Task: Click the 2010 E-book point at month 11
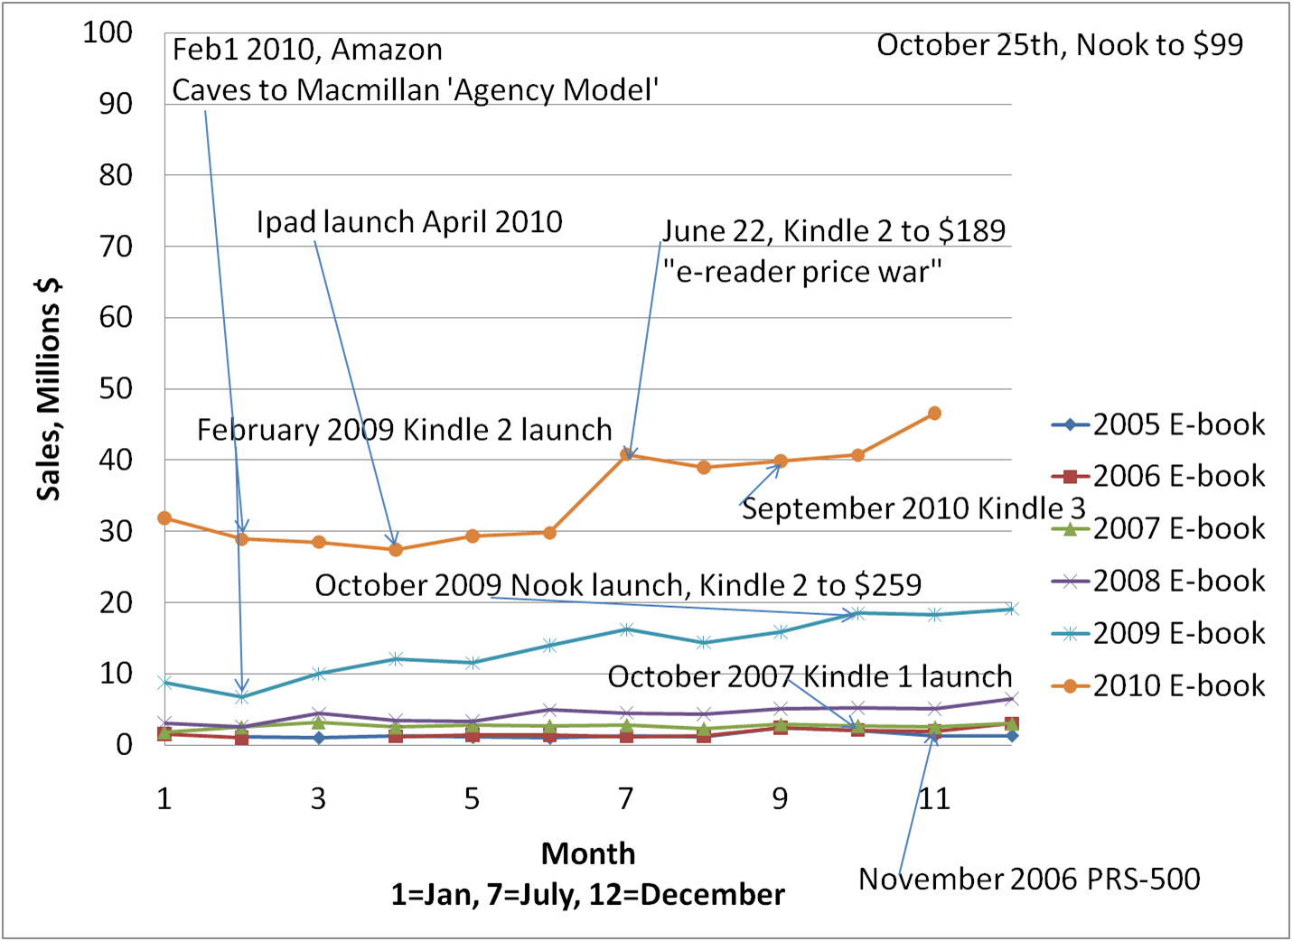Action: (x=934, y=414)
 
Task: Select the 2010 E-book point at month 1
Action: (x=164, y=518)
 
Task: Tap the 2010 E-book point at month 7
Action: (x=626, y=454)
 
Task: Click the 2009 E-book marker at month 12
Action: (x=1012, y=609)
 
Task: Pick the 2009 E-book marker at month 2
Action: (x=241, y=697)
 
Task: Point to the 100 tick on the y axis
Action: (x=108, y=33)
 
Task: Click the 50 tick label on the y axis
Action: (x=115, y=388)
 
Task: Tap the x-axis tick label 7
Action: (x=625, y=798)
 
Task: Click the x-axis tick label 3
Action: (x=318, y=798)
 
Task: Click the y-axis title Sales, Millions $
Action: (x=49, y=389)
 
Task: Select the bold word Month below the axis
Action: (x=588, y=853)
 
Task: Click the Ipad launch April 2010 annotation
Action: (x=409, y=222)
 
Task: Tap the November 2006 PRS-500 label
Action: (x=1029, y=879)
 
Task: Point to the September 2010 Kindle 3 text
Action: (x=913, y=508)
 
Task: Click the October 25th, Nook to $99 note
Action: (x=1060, y=45)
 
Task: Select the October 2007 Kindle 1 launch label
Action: (x=810, y=676)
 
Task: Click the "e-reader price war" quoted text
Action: (x=802, y=272)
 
